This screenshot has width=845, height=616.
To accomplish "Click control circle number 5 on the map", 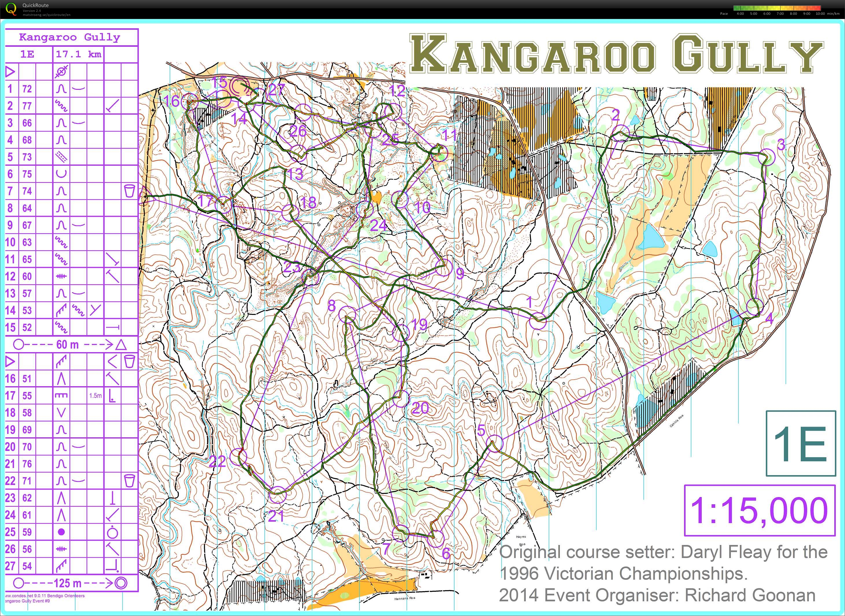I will [x=495, y=443].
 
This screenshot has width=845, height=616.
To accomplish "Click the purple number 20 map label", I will [x=420, y=408].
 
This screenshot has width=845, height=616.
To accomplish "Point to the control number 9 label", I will [x=460, y=274].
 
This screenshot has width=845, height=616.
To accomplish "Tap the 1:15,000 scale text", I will [x=759, y=510].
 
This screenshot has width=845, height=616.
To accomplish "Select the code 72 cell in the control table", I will [x=27, y=89].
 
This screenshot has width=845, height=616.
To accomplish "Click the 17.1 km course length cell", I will [x=78, y=55].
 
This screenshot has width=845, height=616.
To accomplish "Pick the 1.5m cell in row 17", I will [x=95, y=396].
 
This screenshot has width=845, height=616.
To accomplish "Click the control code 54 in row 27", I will [x=27, y=566].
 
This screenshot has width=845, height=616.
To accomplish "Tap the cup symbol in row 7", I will [x=129, y=191].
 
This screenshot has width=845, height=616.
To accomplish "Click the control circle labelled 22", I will [x=238, y=456].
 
